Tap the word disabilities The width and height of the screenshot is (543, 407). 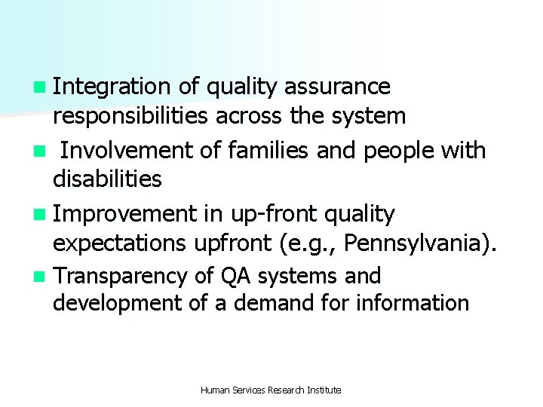coord(107,179)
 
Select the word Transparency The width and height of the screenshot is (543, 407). coord(119,277)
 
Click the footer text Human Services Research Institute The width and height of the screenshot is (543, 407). coord(271,390)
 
